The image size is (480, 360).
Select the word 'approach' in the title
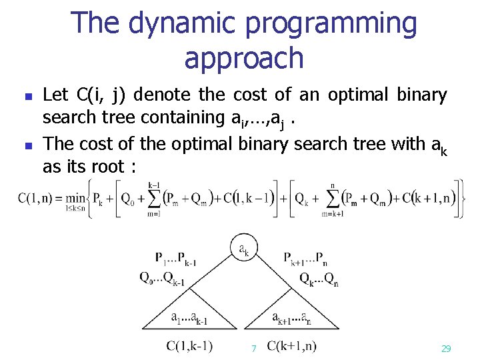tap(244, 58)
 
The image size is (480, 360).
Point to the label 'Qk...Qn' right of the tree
tap(318, 279)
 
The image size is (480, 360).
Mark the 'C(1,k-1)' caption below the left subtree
tap(189, 345)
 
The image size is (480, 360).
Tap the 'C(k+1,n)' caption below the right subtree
tap(292, 345)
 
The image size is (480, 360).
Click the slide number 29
tap(446, 349)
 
